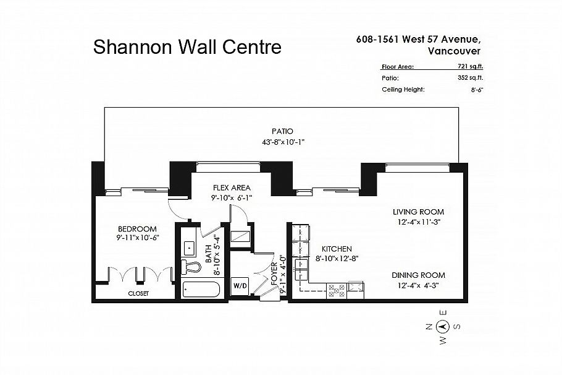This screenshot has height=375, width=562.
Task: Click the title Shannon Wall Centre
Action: pyautogui.click(x=187, y=47)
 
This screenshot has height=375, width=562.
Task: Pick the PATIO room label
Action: pyautogui.click(x=281, y=131)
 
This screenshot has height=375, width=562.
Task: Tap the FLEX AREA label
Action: pyautogui.click(x=232, y=187)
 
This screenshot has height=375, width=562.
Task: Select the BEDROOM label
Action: pyautogui.click(x=136, y=228)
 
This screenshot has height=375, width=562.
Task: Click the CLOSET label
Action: pyautogui.click(x=138, y=293)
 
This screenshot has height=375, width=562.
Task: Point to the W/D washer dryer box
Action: pyautogui.click(x=239, y=286)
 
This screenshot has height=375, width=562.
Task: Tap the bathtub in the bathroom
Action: pyautogui.click(x=201, y=290)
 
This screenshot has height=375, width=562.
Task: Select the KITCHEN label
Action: pyautogui.click(x=333, y=249)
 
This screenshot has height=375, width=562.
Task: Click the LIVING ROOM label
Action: pyautogui.click(x=418, y=212)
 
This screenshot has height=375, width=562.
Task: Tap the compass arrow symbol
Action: pyautogui.click(x=442, y=327)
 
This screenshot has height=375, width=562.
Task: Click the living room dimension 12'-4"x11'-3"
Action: pyautogui.click(x=418, y=222)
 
